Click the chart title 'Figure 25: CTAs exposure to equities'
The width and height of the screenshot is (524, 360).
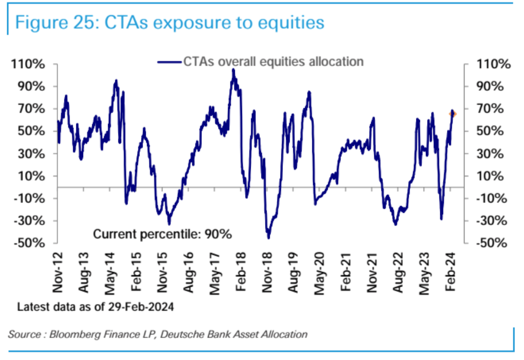pyautogui.click(x=170, y=23)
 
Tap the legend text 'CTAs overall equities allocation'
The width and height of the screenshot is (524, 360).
pyautogui.click(x=273, y=62)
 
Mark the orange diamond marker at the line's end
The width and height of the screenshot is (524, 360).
pyautogui.click(x=453, y=113)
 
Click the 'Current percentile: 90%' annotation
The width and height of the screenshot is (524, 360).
pyautogui.click(x=163, y=234)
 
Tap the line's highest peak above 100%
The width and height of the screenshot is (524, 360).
pyautogui.click(x=233, y=70)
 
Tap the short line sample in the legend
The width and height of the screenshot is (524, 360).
pyautogui.click(x=169, y=62)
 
